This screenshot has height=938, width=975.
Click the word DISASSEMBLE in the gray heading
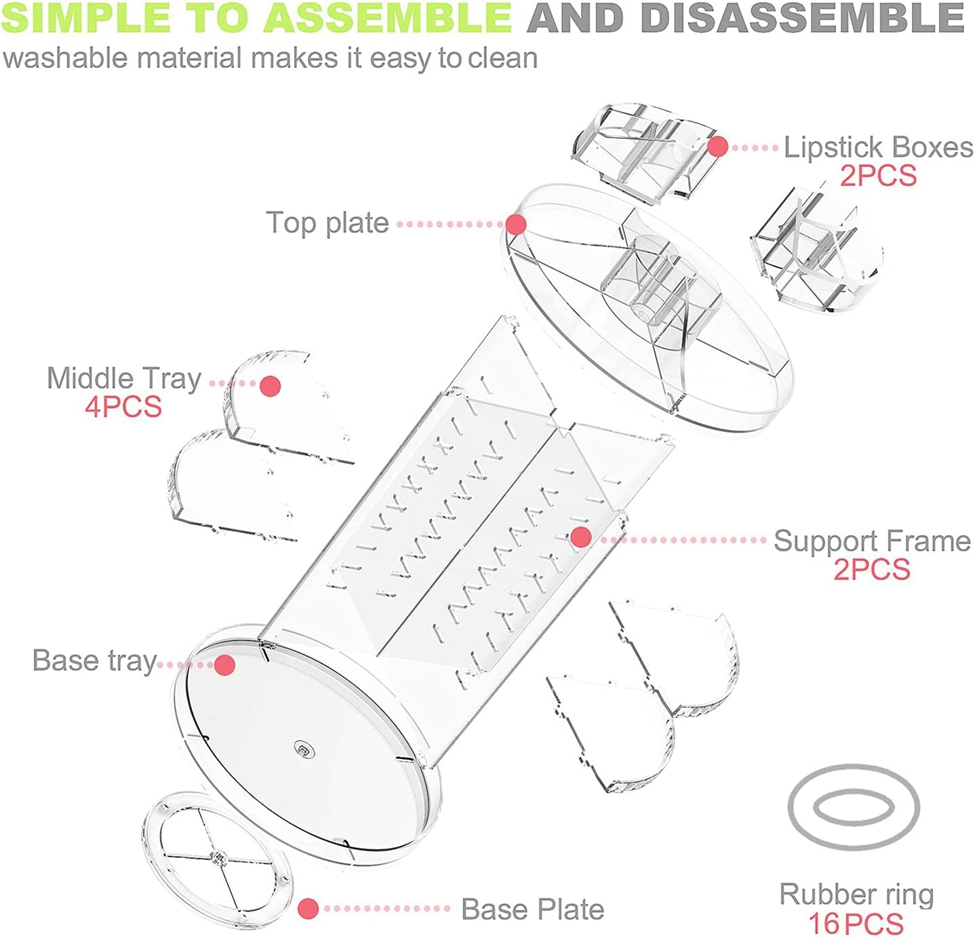802,18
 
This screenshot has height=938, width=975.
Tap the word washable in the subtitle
65,58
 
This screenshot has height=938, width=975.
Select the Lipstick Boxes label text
878,147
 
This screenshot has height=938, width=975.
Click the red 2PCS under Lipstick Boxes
878,176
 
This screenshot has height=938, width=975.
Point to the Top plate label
327,223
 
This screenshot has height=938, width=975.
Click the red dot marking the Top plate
516,224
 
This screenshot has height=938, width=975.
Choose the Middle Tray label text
124,378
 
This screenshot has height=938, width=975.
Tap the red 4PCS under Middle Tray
123,407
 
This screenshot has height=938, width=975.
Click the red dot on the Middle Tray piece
270,386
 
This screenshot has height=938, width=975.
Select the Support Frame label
872,541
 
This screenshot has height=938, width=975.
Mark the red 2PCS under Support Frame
871,570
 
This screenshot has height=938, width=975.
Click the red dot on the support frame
580,537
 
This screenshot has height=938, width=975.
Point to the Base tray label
94,661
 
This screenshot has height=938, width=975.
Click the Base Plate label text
532,910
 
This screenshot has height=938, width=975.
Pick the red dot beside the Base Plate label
308,909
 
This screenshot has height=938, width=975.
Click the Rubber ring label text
856,895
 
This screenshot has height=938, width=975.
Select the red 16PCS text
856,924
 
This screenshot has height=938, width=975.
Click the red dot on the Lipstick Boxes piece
717,146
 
